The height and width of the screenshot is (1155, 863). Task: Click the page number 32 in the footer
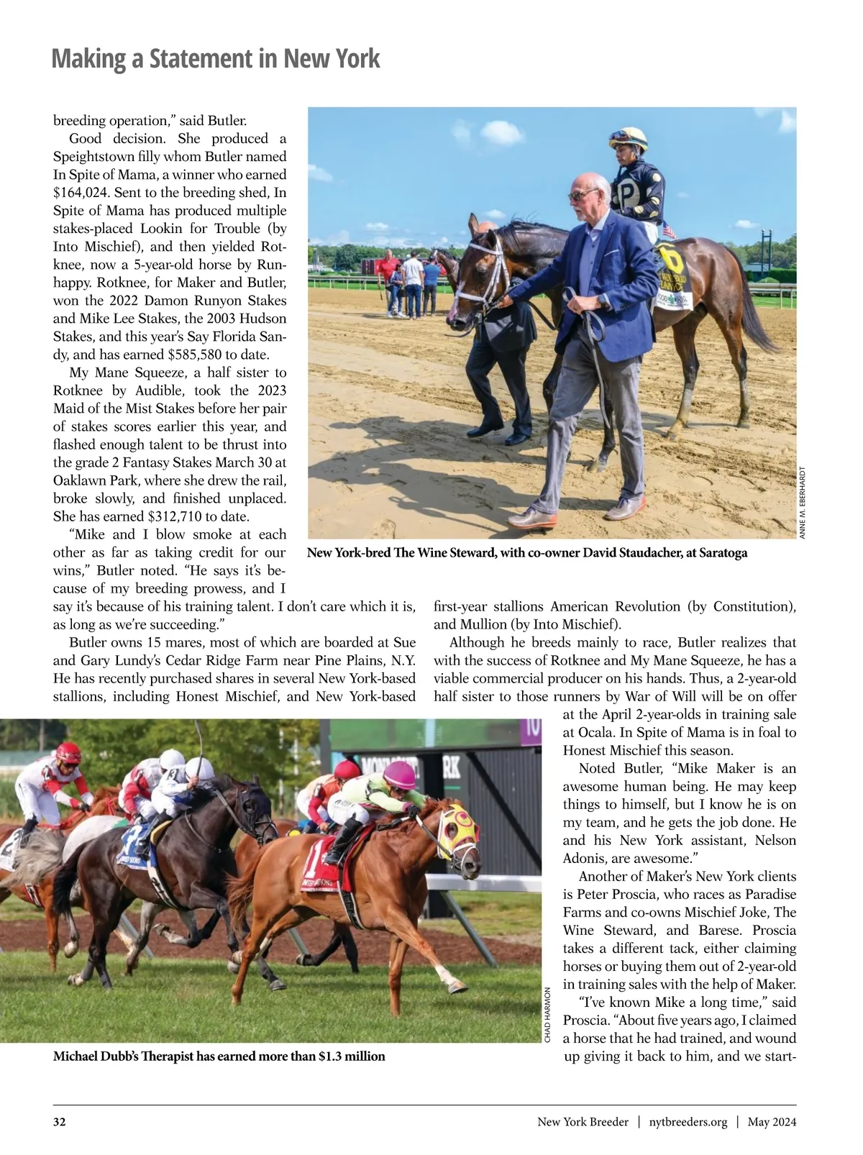[60, 1122]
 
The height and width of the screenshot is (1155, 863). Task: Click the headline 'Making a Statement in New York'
[215, 58]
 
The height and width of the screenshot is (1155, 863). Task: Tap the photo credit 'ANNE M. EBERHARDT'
[803, 501]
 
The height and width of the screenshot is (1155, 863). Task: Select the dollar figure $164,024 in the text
[84, 193]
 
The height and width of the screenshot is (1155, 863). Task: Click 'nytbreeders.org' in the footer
[688, 1122]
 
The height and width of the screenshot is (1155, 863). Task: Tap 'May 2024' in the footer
[772, 1122]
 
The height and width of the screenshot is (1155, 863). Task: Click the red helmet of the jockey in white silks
[69, 752]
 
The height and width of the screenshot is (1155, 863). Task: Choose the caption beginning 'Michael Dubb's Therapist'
[219, 1056]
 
